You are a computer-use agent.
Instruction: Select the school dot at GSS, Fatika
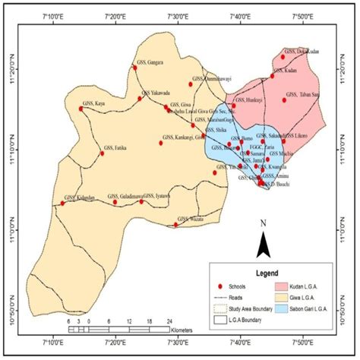[x=103, y=153]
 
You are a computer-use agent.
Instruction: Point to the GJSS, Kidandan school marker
[x=63, y=203]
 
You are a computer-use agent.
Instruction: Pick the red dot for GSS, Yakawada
[x=140, y=98]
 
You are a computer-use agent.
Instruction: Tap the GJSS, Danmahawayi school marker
[x=191, y=84]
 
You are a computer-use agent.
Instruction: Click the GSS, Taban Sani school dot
[x=285, y=99]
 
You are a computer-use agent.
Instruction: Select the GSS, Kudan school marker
[x=273, y=75]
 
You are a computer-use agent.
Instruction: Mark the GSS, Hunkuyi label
[x=249, y=99]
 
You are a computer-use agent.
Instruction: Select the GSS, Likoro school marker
[x=283, y=141]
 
